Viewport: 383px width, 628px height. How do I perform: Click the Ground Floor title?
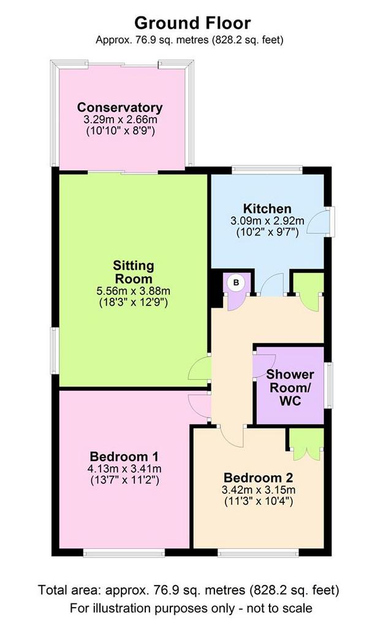click(x=192, y=23)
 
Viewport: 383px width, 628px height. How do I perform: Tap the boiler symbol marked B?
click(x=236, y=283)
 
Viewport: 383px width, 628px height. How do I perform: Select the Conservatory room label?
click(x=120, y=107)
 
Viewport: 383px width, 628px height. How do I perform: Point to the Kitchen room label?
click(x=267, y=209)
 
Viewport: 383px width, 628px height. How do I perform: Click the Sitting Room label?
click(x=133, y=272)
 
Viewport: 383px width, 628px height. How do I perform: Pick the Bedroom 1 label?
click(x=124, y=456)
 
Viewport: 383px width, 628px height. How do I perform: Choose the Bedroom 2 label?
click(x=258, y=477)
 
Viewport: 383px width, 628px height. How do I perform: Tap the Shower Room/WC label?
click(x=290, y=388)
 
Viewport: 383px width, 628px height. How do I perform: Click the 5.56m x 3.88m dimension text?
click(x=133, y=291)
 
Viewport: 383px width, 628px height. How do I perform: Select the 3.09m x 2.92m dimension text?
click(x=267, y=221)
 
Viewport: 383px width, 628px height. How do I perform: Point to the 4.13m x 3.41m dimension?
click(x=124, y=469)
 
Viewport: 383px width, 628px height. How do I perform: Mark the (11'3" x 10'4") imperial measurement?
click(x=259, y=501)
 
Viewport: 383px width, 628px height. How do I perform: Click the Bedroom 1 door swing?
click(x=199, y=406)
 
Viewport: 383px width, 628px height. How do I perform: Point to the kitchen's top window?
click(x=267, y=170)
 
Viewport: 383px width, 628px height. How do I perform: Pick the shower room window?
click(x=328, y=385)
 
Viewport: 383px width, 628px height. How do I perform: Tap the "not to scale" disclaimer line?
click(x=191, y=608)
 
